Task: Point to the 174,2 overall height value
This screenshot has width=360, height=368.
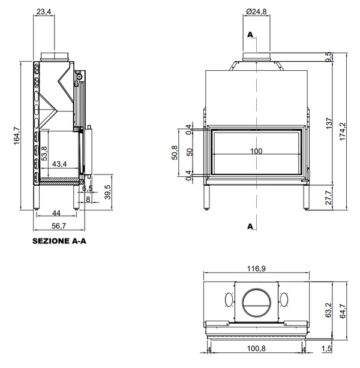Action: [x=344, y=128]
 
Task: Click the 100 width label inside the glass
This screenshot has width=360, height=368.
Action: [x=257, y=151]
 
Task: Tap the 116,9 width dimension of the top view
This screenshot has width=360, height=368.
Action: [x=257, y=270]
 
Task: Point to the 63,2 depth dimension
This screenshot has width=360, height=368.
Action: [x=329, y=309]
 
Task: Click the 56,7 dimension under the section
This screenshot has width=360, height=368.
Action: [x=58, y=226]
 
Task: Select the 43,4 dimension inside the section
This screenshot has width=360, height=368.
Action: [x=59, y=164]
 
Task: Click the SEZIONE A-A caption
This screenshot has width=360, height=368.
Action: [x=59, y=243]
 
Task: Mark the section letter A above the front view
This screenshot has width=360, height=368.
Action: [x=250, y=34]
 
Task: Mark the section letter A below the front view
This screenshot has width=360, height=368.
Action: [x=250, y=225]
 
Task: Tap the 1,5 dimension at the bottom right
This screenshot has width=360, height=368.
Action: [x=327, y=349]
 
